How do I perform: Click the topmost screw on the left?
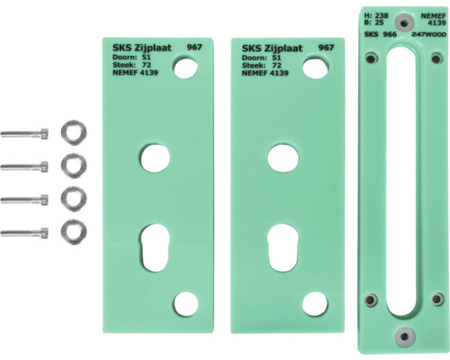tap(24, 133)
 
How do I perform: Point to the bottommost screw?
tap(24, 233)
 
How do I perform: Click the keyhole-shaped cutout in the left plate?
tap(155, 247)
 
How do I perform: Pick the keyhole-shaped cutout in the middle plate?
tap(283, 247)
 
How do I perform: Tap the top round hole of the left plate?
tap(185, 68)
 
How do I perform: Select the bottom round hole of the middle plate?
tap(315, 303)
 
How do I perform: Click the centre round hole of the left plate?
tap(155, 158)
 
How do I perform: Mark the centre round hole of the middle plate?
tap(283, 158)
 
